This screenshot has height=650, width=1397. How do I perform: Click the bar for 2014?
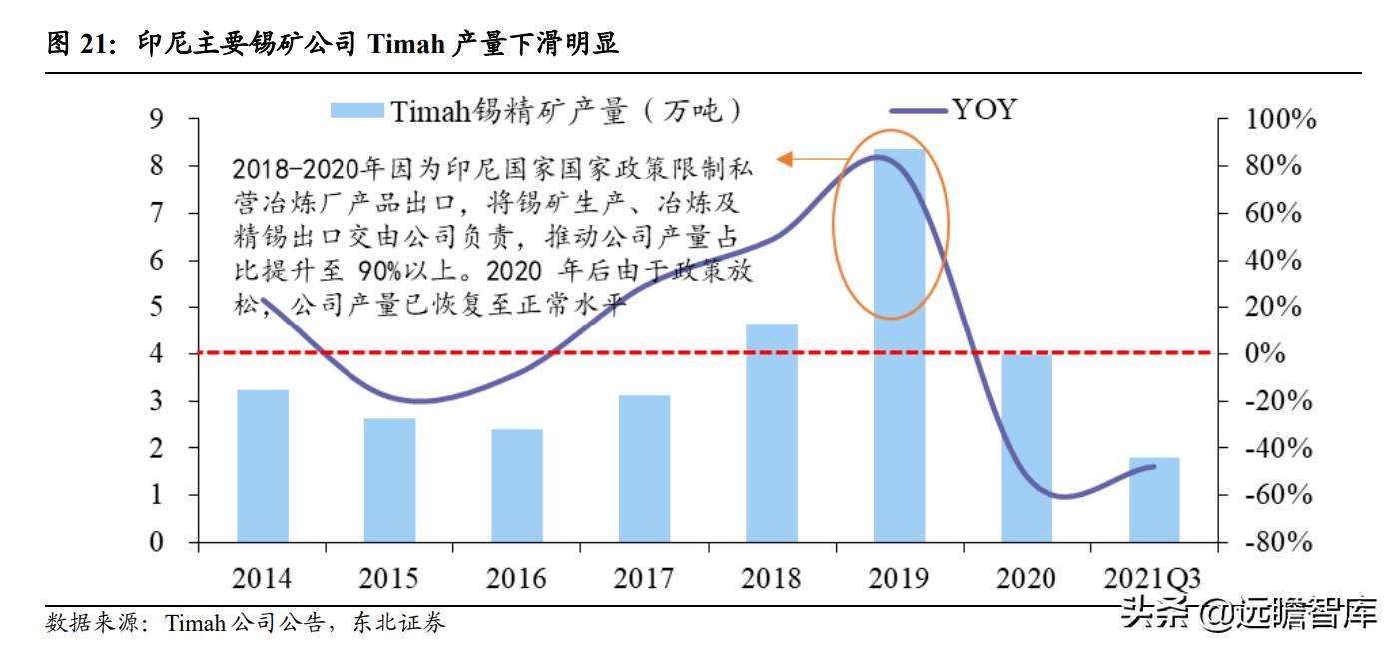(262, 466)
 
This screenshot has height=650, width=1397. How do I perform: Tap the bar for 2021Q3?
(1154, 500)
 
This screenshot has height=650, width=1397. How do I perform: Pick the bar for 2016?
(517, 486)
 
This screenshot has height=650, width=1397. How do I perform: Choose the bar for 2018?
(772, 433)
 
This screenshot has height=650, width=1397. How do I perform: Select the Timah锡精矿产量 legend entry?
(539, 110)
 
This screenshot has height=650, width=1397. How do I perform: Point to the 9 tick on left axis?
(156, 119)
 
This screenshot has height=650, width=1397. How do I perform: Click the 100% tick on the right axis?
(1280, 120)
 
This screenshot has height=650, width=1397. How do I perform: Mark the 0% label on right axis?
(1280, 355)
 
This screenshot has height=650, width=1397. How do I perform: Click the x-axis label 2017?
(644, 579)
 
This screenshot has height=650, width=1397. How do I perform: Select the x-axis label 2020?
(1026, 579)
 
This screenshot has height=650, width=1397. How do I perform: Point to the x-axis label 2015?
(388, 579)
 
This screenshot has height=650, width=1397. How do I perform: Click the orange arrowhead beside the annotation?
(784, 158)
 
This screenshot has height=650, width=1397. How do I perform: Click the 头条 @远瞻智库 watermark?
(1248, 611)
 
